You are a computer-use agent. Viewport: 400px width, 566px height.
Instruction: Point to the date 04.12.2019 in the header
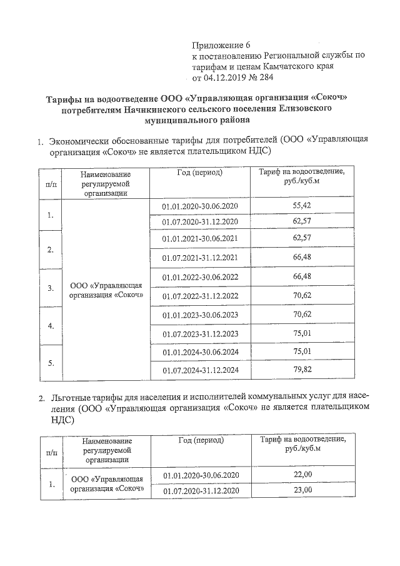(229, 78)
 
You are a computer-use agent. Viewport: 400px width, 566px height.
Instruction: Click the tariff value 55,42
(302, 205)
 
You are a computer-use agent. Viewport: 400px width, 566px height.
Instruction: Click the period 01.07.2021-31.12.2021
(201, 258)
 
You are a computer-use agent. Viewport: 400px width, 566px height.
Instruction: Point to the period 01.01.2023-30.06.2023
(201, 315)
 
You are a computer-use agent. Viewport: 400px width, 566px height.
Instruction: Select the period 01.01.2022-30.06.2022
(201, 276)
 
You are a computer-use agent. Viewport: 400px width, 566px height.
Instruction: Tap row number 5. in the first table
(50, 363)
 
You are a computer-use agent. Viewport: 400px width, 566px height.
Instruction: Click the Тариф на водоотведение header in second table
(302, 445)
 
